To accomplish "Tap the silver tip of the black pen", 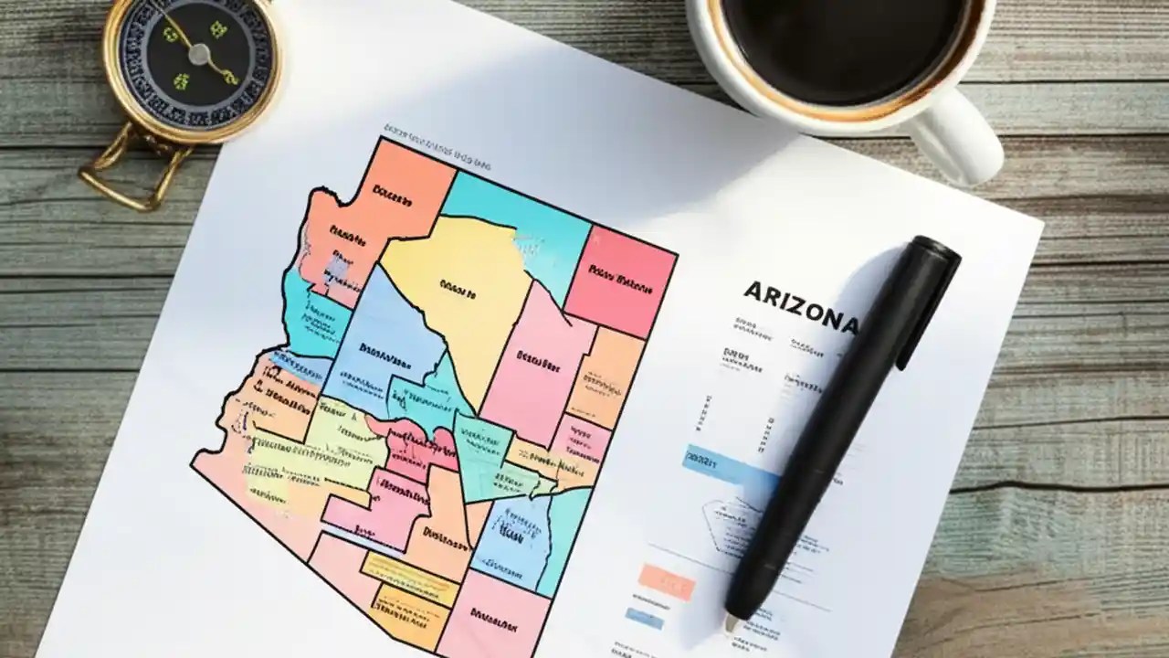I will (x=732, y=622).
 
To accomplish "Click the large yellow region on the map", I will (x=461, y=292).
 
